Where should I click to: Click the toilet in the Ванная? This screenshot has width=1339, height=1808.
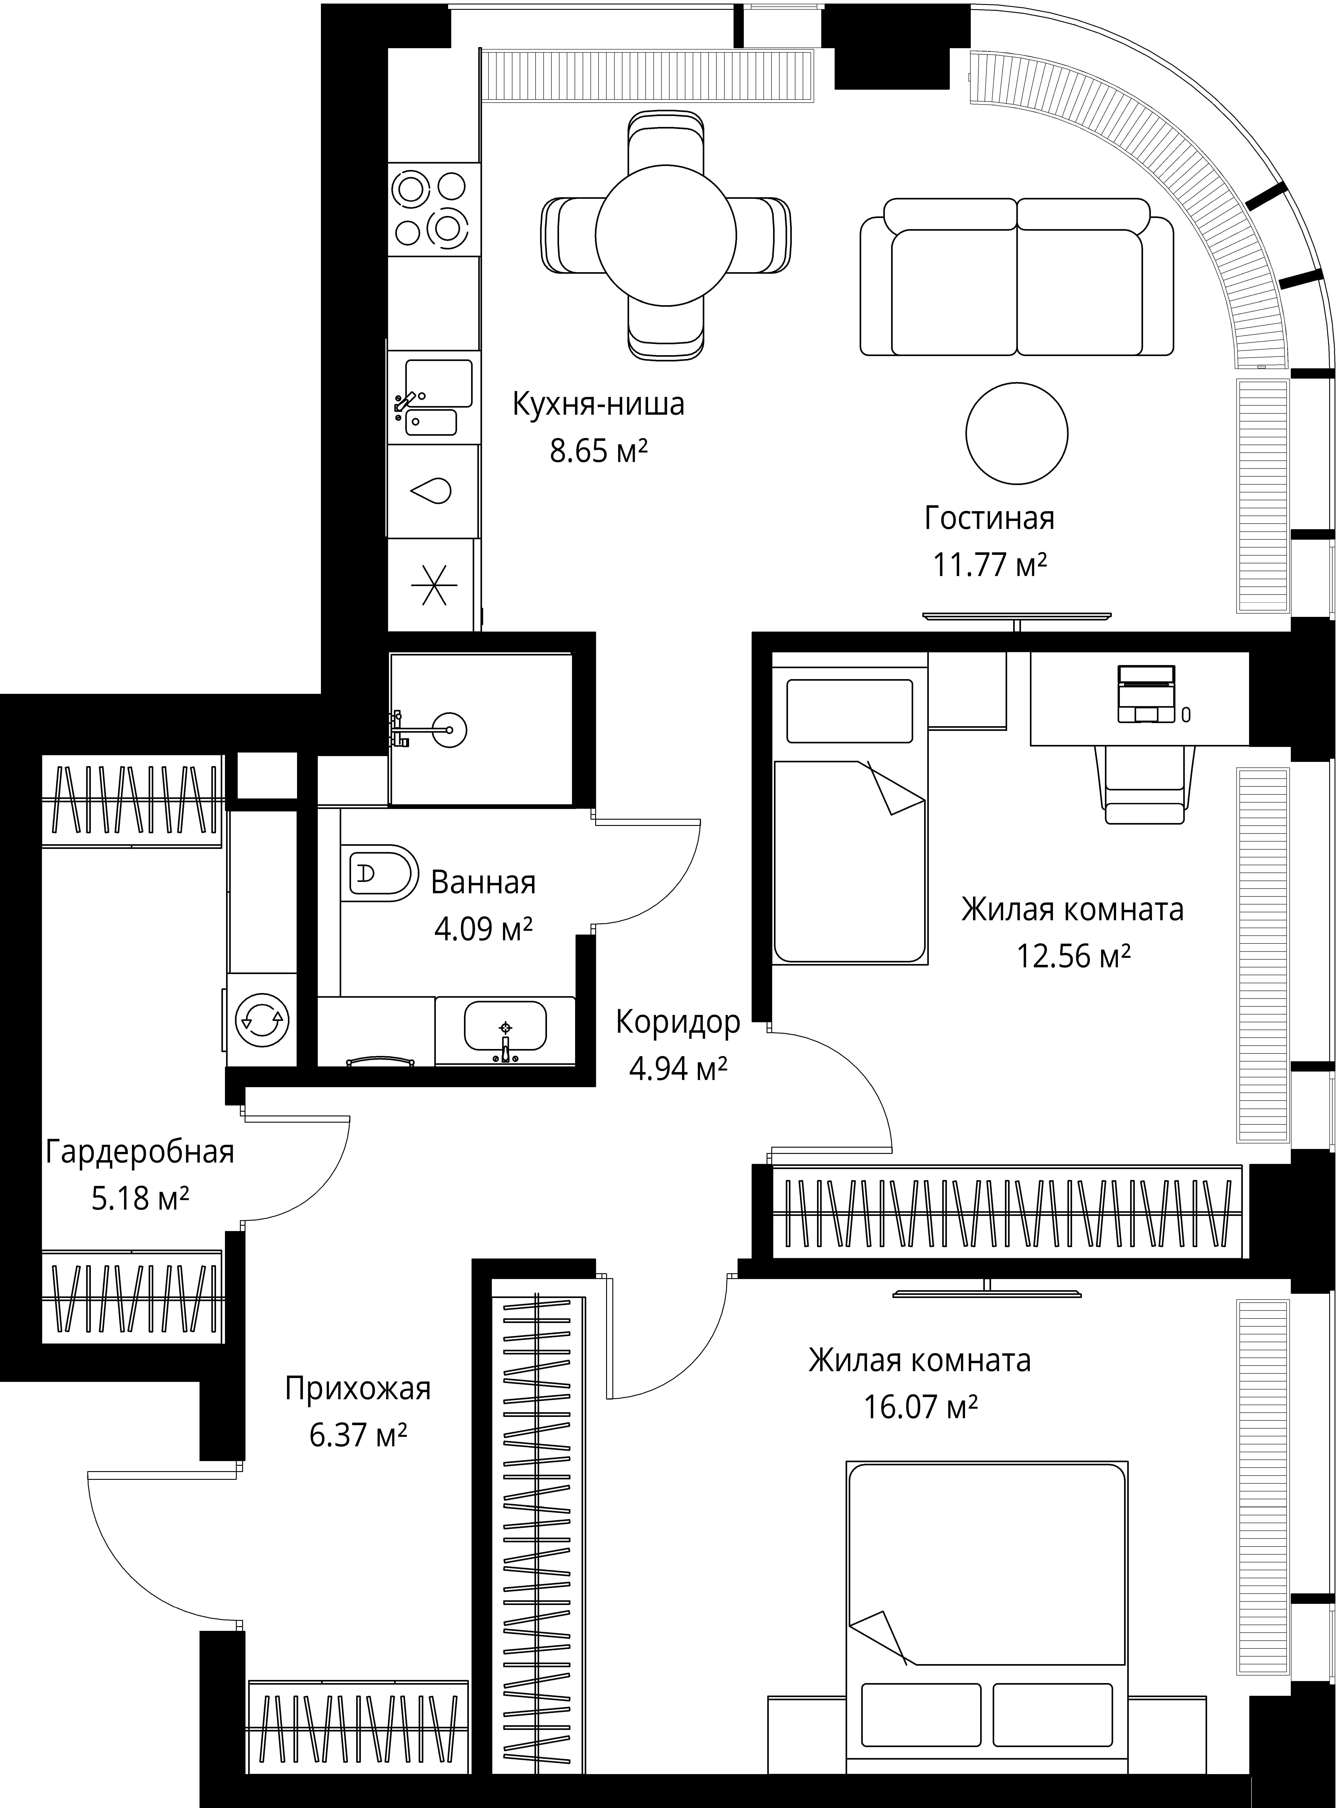coord(381,873)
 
